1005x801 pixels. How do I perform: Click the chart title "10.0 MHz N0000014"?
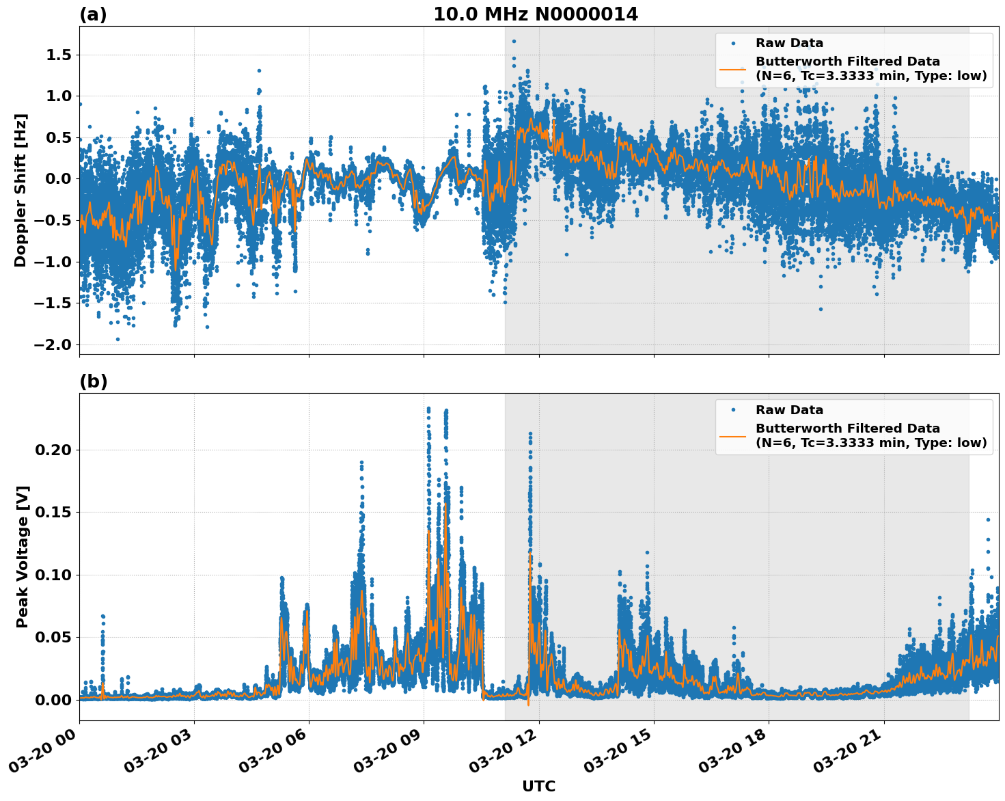536,14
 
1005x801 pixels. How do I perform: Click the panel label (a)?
93,14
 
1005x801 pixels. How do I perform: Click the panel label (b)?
93,381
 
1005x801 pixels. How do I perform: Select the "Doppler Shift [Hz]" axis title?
20,190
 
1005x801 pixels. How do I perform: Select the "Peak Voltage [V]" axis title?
23,556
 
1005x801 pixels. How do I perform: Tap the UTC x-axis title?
538,786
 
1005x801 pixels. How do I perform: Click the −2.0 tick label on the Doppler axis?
53,344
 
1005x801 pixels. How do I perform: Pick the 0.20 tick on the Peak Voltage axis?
53,450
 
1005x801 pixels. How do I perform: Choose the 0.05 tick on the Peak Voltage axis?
53,637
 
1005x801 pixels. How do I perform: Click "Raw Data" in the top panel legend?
789,43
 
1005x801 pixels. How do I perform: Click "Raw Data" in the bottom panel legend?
789,410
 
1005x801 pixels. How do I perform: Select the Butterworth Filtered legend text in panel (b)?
870,435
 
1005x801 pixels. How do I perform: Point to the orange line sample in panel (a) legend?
733,68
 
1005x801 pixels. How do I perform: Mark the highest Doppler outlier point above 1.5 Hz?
514,41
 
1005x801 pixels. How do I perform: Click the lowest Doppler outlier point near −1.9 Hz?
118,339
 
